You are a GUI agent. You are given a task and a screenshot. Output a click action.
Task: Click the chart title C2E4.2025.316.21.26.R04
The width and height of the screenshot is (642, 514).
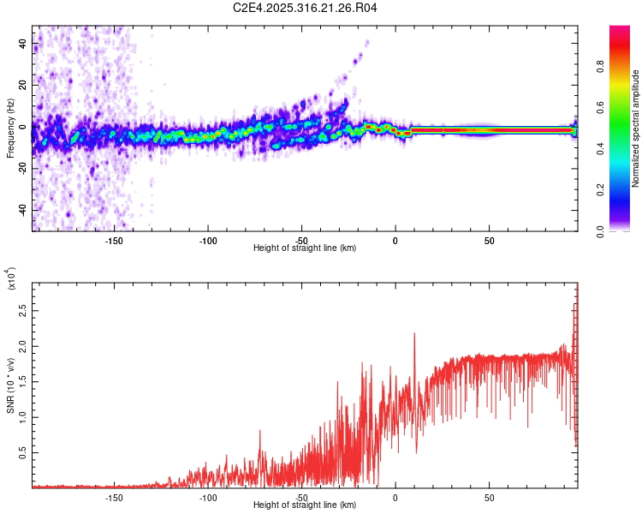[305, 9]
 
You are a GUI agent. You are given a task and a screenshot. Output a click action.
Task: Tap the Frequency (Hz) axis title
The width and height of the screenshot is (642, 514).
[10, 128]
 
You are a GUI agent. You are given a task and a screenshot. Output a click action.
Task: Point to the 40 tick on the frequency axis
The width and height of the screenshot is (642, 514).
[25, 42]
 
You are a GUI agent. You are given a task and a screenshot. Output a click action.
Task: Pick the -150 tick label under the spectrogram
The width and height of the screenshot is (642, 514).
[115, 240]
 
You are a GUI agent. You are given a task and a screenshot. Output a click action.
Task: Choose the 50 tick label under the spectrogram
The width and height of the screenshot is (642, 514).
[488, 240]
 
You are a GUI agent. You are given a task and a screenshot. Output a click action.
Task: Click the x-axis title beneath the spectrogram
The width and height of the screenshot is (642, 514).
[305, 248]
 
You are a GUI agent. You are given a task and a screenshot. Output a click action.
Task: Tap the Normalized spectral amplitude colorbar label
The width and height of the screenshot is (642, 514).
[636, 128]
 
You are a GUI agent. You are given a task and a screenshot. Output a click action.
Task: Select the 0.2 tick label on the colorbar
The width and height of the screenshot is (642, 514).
[624, 189]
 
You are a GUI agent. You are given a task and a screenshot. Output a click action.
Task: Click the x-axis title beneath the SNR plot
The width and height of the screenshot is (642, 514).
[305, 505]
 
